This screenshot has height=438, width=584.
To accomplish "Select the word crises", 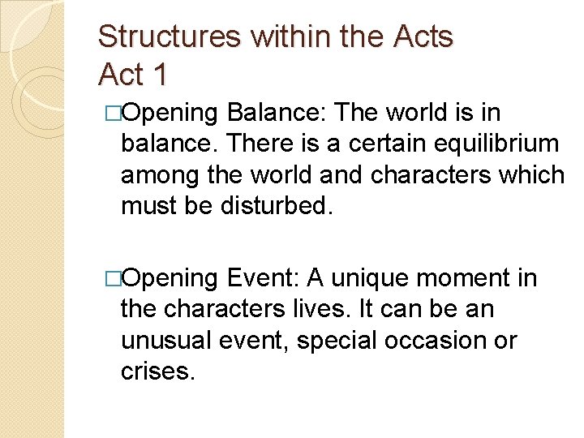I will [x=158, y=371].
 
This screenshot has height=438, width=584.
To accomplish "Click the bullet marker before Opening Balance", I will [x=113, y=113].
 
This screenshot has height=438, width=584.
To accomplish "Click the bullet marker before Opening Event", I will [x=113, y=278].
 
